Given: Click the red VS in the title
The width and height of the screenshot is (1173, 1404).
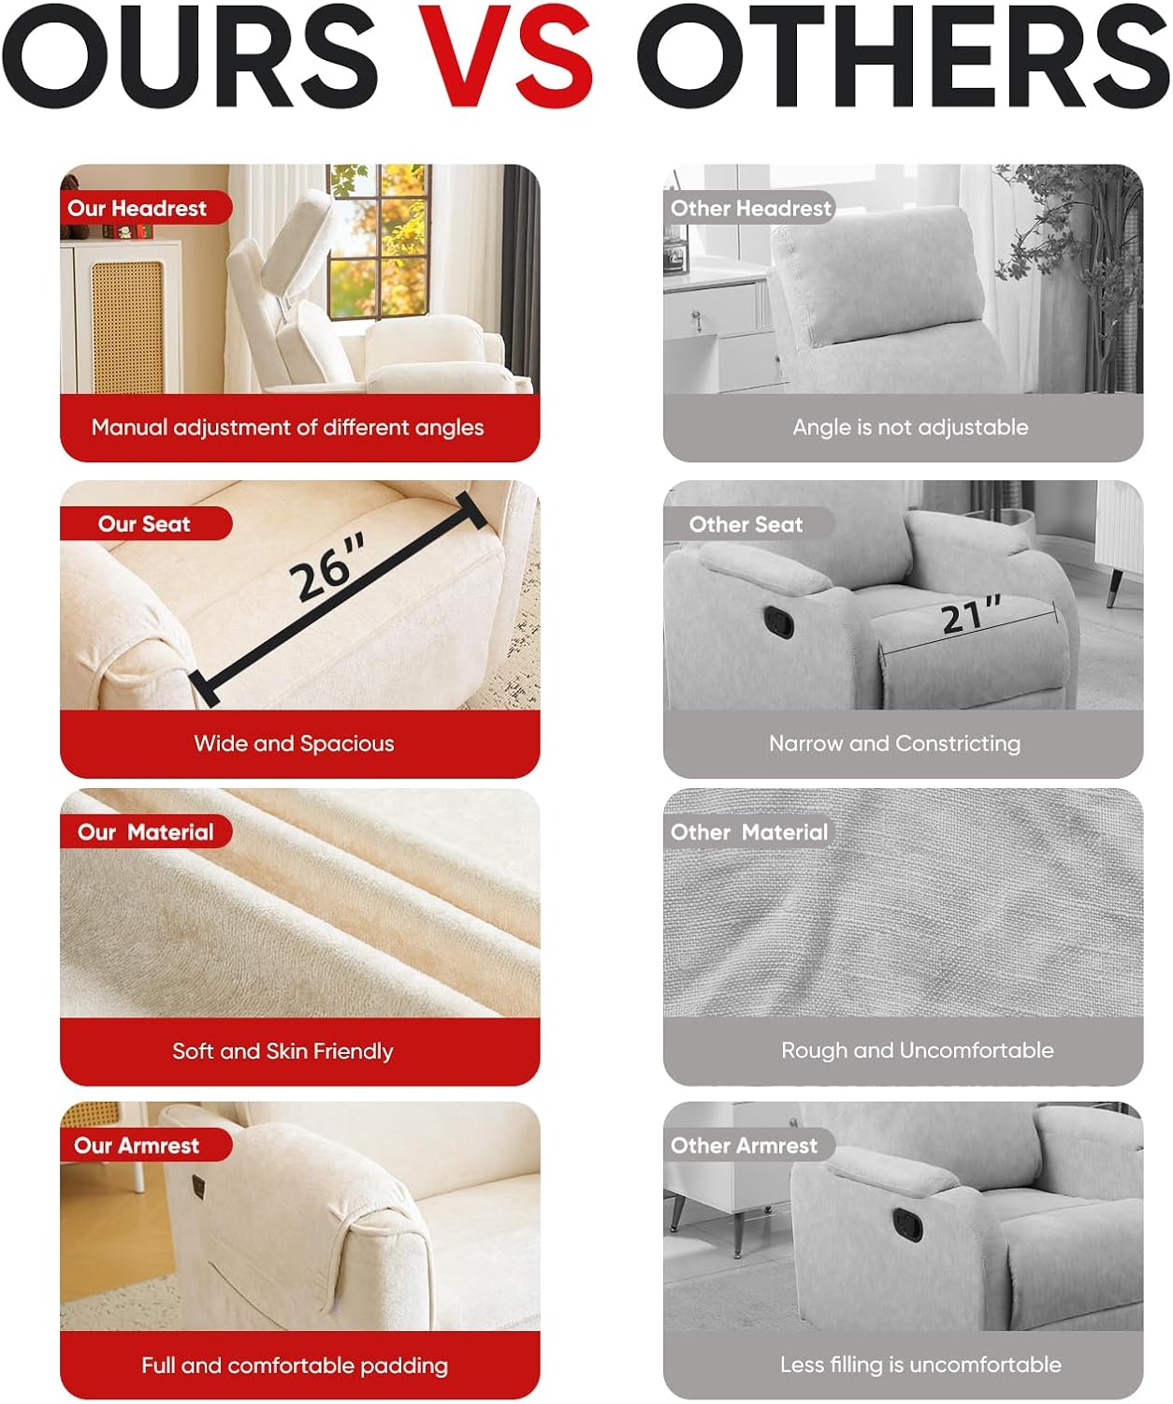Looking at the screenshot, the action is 505,55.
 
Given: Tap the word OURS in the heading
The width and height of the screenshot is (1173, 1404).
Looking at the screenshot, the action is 190,55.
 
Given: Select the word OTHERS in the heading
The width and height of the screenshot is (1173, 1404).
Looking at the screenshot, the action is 903,55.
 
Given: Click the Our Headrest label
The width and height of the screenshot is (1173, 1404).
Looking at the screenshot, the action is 137,209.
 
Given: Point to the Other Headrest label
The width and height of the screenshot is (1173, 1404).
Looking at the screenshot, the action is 750,209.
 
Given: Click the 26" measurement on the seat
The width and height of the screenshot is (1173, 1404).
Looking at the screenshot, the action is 327,566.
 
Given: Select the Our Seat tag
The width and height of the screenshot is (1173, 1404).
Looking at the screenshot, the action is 144,524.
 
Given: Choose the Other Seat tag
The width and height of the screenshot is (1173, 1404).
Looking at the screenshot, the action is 746,524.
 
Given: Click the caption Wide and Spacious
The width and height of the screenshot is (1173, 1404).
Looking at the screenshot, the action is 294,744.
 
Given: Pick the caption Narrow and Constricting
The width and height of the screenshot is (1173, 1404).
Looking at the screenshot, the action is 894,744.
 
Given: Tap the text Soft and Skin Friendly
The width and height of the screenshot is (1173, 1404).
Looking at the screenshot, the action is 282,1051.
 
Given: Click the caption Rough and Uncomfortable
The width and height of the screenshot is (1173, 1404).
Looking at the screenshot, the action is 917,1050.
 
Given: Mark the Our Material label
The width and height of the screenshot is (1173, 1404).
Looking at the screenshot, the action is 145,832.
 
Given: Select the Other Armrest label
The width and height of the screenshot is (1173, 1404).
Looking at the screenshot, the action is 744,1145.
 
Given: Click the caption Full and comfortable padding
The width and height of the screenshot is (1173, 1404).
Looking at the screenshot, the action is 295,1366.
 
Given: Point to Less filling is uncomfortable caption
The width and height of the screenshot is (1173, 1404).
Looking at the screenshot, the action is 920,1365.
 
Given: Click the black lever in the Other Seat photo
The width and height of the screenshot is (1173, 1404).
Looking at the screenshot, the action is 778,622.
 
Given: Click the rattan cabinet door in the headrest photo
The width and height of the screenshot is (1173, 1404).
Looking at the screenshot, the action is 127,327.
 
